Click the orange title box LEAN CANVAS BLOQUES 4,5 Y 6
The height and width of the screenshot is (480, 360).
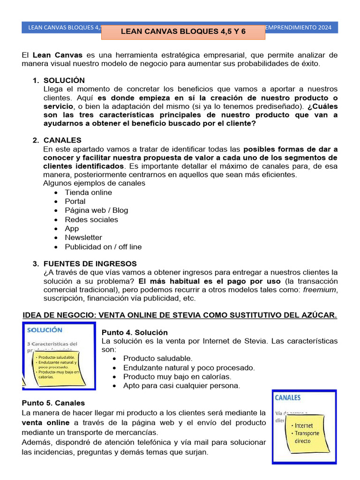[x=183, y=32]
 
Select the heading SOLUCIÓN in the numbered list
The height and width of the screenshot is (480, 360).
[x=64, y=81]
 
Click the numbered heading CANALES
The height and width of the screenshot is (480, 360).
[x=62, y=140]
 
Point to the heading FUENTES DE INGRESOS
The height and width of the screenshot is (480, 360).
[x=90, y=263]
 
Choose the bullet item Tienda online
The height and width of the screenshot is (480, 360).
[x=88, y=192]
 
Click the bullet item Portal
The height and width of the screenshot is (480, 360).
[x=75, y=201]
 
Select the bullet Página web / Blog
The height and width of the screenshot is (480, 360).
[x=96, y=210]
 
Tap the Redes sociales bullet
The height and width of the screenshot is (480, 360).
[x=91, y=219]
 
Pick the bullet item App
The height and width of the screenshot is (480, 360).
[x=72, y=228]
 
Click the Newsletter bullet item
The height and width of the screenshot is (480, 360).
[x=83, y=238]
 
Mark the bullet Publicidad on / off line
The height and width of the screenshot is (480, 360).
[x=103, y=247]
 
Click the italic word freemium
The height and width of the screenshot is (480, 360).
[x=320, y=290]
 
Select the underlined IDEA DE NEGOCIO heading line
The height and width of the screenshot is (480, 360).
[x=180, y=315]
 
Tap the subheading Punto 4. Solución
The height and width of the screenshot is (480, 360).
[x=135, y=332]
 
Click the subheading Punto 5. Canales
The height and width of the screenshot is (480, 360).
[x=53, y=403]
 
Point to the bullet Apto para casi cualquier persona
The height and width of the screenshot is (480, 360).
[x=181, y=386]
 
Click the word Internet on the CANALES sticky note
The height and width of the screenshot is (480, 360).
[x=304, y=426]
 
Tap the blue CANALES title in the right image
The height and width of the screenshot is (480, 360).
[x=288, y=398]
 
